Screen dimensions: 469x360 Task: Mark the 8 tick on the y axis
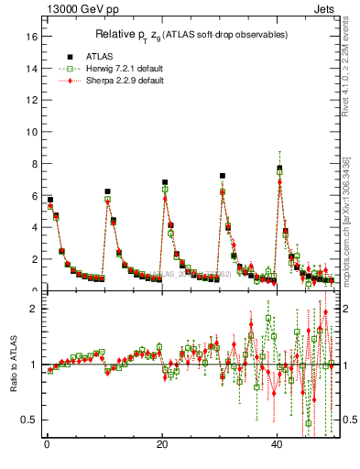[x=34, y=164]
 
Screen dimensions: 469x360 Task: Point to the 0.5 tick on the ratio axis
[x=30, y=420]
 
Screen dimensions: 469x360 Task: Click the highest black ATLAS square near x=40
[x=279, y=169]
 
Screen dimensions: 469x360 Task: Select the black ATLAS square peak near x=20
[x=165, y=182]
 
